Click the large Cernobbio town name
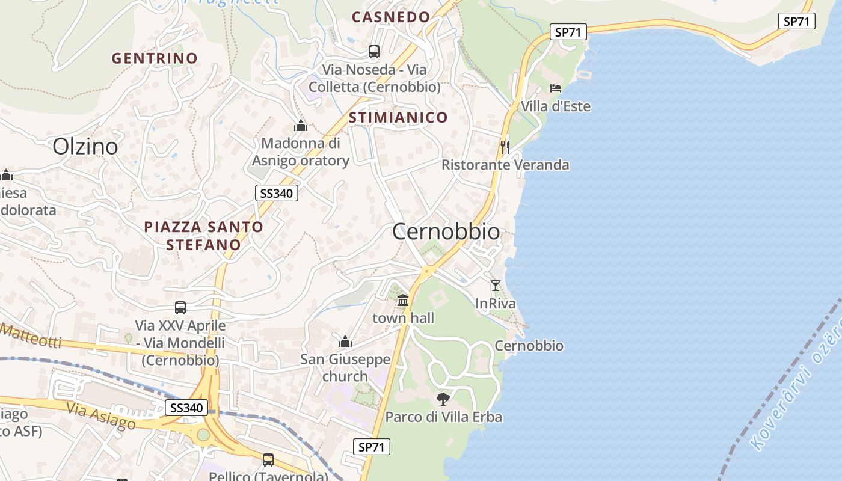pos(446,231)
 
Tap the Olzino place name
pos(85,146)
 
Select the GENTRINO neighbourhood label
pos(155,58)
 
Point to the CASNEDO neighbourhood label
pos(391,17)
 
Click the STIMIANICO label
pos(398,117)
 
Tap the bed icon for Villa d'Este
pos(556,88)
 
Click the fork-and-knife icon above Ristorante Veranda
pos(505,146)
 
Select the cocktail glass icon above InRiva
pos(496,286)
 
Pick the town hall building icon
pos(403,299)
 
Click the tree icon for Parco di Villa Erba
pos(443,399)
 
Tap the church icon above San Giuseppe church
pos(345,342)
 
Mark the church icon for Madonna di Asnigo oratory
pos(300,126)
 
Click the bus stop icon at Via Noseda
pos(374,52)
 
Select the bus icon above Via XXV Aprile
pos(180,308)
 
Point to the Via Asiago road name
pos(101,415)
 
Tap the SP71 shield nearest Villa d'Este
pos(568,32)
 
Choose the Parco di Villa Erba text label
pos(443,417)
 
